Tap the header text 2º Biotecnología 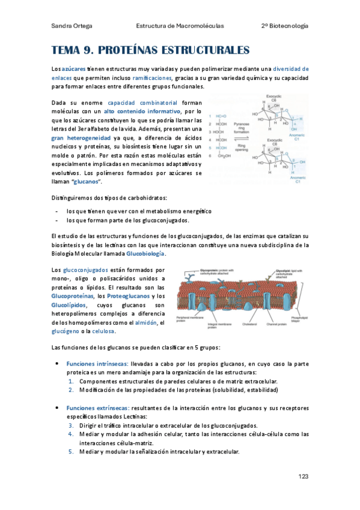(x=285, y=26)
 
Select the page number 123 (x=304, y=476)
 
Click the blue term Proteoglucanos (x=128, y=296)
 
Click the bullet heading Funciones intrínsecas (x=92, y=364)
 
